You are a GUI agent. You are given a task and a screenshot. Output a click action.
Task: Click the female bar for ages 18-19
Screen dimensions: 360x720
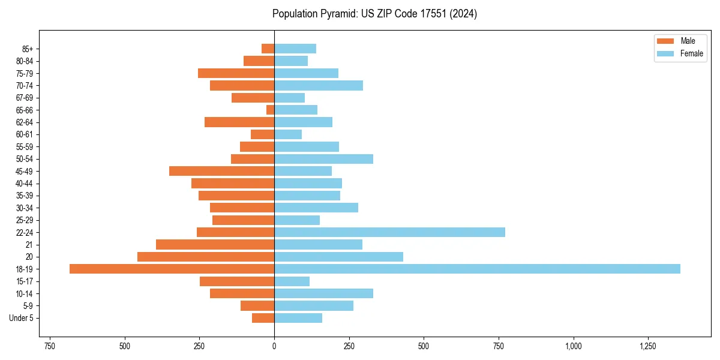pyautogui.click(x=477, y=269)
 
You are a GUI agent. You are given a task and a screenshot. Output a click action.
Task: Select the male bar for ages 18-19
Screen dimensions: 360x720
pyautogui.click(x=172, y=269)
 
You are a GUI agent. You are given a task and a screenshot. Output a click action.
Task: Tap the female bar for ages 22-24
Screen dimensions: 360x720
pyautogui.click(x=389, y=232)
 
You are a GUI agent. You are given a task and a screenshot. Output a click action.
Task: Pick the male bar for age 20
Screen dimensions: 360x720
pyautogui.click(x=206, y=257)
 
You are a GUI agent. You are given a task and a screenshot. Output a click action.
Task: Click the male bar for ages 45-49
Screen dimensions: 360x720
pyautogui.click(x=222, y=171)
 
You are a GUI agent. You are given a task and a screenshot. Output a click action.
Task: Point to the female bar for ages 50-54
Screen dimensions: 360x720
pyautogui.click(x=323, y=159)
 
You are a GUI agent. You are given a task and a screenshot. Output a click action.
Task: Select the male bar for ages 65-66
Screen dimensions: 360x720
pyautogui.click(x=271, y=110)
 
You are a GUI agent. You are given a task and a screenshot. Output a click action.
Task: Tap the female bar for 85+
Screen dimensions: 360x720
pyautogui.click(x=295, y=49)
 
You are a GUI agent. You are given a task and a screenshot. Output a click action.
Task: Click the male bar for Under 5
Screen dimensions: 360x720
pyautogui.click(x=263, y=318)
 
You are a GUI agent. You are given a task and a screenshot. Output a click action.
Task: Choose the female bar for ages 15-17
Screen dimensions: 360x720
pyautogui.click(x=292, y=281)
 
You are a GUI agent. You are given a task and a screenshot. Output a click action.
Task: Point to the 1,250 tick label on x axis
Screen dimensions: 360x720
pyautogui.click(x=648, y=346)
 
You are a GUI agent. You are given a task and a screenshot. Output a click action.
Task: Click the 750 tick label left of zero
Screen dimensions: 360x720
pyautogui.click(x=50, y=346)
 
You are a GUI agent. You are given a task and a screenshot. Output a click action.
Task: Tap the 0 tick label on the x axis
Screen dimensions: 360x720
pyautogui.click(x=274, y=346)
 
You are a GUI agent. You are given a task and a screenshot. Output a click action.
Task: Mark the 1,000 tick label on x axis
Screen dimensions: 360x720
pyautogui.click(x=574, y=346)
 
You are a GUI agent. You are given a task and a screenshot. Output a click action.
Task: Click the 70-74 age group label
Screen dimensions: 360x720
pyautogui.click(x=25, y=86)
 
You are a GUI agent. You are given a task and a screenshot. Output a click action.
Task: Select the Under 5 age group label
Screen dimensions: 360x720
pyautogui.click(x=22, y=318)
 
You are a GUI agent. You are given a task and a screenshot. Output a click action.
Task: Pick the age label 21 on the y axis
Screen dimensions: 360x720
pyautogui.click(x=29, y=245)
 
